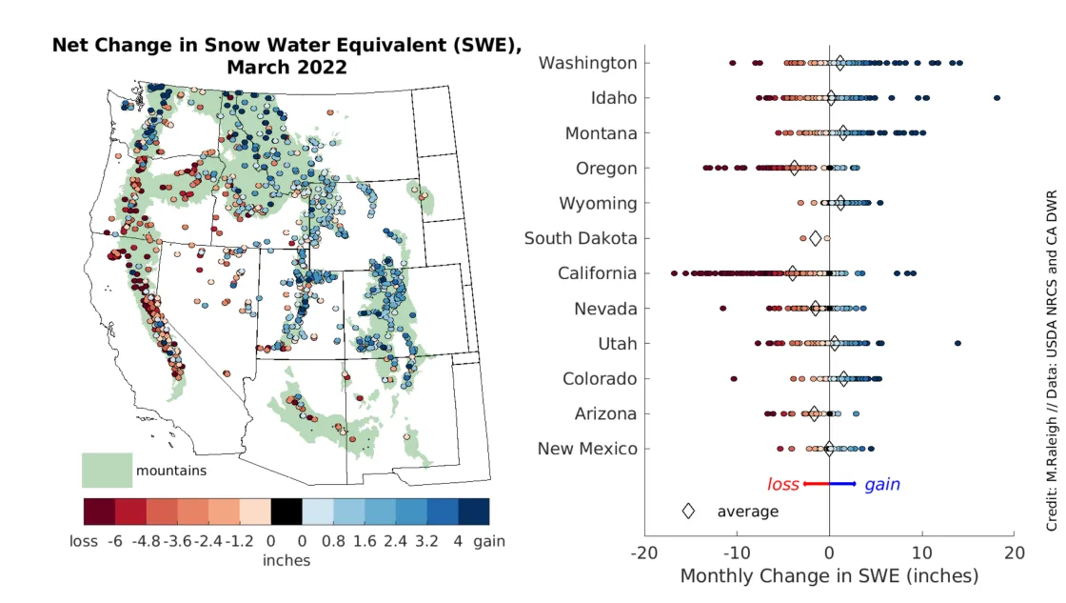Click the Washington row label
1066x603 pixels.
point(587,63)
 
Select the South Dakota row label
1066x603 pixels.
point(581,238)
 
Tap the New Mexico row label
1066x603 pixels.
point(587,449)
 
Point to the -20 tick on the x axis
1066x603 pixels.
point(644,553)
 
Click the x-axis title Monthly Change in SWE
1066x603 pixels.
point(829,576)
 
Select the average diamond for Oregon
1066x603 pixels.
point(794,168)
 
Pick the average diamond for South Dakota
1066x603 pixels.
point(815,238)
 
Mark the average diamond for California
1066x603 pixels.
point(792,273)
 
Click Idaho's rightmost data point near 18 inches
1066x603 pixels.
point(997,98)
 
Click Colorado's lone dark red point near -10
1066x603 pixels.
point(734,379)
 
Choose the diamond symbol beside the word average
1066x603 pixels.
point(688,512)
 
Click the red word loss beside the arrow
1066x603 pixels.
point(783,485)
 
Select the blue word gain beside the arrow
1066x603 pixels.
point(881,485)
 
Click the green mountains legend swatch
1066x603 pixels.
point(106,470)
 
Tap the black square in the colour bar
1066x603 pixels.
point(286,513)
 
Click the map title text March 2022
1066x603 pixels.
point(286,68)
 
